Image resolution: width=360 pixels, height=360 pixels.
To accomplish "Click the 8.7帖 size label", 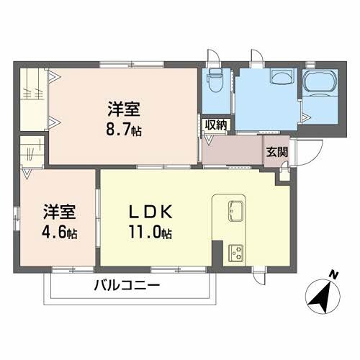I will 124,130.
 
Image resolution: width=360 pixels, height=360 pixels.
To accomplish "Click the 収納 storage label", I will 215,124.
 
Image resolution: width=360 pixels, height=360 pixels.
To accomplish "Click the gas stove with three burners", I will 236,252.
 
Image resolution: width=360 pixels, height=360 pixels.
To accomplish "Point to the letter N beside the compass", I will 333,274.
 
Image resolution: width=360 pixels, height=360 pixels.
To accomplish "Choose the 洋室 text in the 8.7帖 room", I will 124,111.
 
